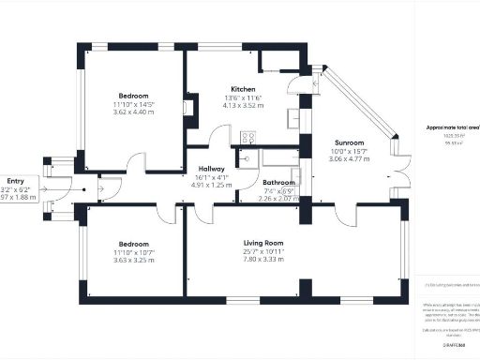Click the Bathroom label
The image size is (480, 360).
[278, 182]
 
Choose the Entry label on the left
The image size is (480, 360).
[15, 180]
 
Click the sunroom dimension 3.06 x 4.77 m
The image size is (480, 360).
[336, 160]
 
